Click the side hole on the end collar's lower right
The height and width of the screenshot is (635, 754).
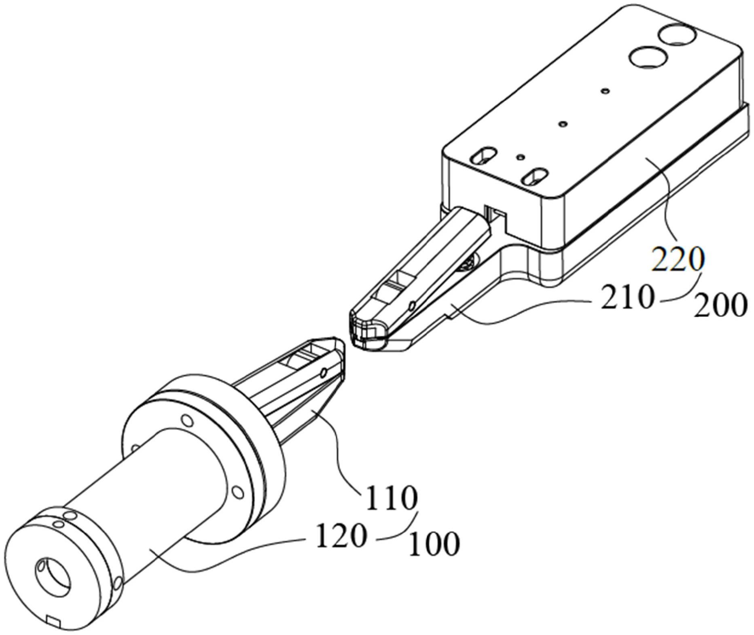pyautogui.click(x=117, y=584)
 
